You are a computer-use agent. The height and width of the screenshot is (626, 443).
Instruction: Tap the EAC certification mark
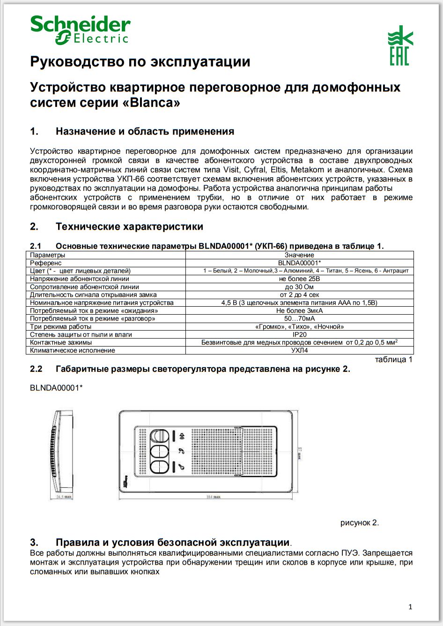click(x=400, y=45)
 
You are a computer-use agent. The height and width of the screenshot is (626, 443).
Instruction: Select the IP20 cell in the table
click(x=299, y=334)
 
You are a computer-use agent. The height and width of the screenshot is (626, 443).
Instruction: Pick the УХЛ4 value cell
click(x=299, y=350)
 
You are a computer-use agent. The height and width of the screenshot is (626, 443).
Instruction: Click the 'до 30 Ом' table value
click(x=299, y=287)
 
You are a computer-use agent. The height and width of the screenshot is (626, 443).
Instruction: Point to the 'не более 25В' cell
click(x=299, y=279)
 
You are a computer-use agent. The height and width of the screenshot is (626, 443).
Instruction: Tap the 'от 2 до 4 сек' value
click(x=299, y=294)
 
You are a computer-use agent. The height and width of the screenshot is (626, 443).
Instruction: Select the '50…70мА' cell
click(x=299, y=318)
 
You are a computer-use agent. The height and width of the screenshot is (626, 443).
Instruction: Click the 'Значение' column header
click(x=299, y=255)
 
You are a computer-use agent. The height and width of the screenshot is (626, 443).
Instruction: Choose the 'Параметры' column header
click(x=48, y=255)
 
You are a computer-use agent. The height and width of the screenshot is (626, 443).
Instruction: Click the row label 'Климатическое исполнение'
click(x=73, y=350)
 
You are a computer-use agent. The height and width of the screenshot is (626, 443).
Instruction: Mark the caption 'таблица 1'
click(x=393, y=360)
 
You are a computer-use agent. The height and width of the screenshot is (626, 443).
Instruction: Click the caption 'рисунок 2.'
click(x=359, y=522)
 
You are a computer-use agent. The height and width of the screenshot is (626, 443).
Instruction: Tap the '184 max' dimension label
click(x=213, y=497)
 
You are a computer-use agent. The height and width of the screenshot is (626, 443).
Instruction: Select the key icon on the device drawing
click(x=181, y=467)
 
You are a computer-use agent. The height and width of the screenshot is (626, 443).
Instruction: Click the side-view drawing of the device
click(x=62, y=450)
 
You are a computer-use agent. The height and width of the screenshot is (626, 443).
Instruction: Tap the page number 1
click(x=410, y=607)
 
